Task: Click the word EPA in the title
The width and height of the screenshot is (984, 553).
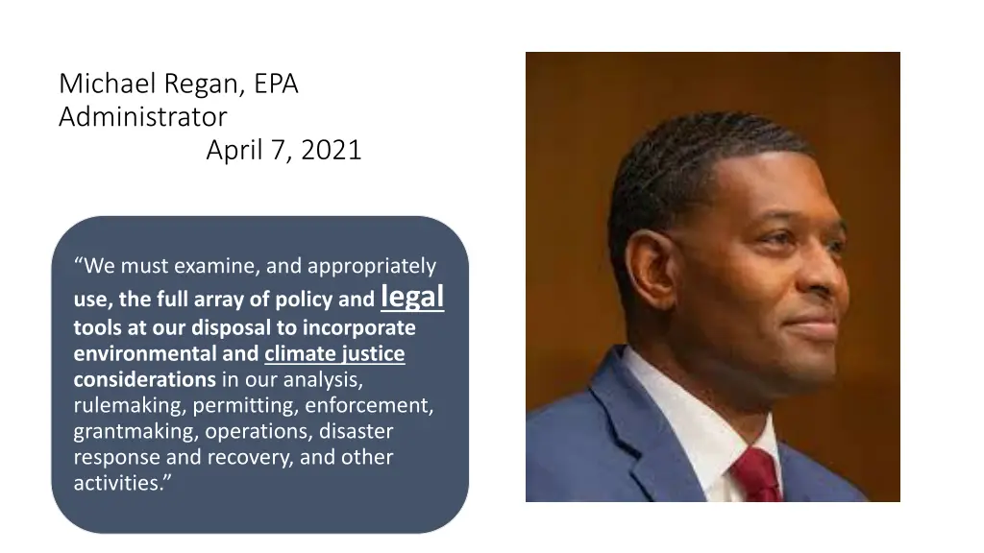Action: pyautogui.click(x=277, y=84)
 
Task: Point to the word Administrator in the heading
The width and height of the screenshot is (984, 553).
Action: pyautogui.click(x=142, y=117)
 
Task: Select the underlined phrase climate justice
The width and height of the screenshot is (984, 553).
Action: pyautogui.click(x=334, y=354)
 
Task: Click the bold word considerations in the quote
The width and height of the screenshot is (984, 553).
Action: pyautogui.click(x=144, y=379)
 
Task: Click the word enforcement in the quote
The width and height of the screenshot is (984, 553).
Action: pyautogui.click(x=376, y=406)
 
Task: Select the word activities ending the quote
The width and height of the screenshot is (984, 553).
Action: pyautogui.click(x=119, y=483)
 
